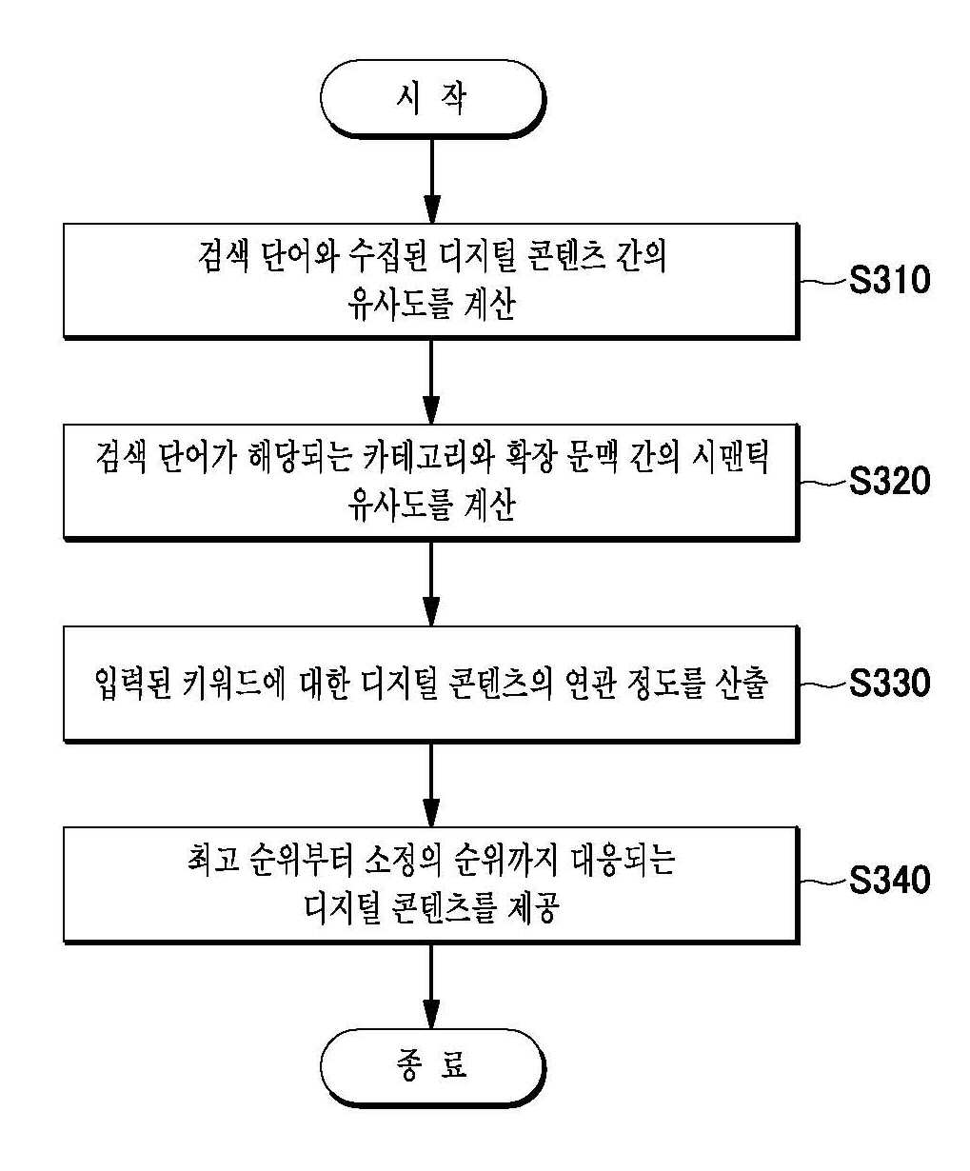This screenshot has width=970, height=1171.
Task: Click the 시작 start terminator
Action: click(432, 99)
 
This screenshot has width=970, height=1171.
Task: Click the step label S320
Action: click(890, 481)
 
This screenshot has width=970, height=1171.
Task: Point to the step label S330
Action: click(890, 683)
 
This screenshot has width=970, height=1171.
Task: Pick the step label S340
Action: click(890, 880)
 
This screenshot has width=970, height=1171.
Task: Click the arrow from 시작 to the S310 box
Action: click(432, 181)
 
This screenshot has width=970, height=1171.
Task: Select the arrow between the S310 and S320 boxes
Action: click(431, 382)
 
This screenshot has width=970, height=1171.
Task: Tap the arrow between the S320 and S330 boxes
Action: click(431, 584)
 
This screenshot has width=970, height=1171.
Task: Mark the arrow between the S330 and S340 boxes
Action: click(431, 784)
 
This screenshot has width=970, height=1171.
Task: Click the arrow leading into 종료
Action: click(431, 986)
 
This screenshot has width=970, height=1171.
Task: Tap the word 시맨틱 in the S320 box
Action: click(730, 457)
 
